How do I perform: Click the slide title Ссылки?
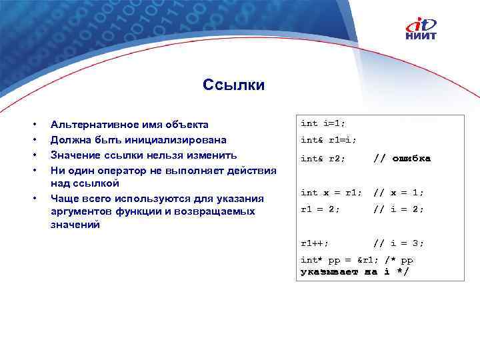(x=233, y=85)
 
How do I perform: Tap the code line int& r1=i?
(x=328, y=140)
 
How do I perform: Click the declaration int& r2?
(x=323, y=159)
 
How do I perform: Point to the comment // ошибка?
(x=401, y=159)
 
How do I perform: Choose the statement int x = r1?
(x=331, y=193)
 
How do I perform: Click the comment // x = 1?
(x=398, y=193)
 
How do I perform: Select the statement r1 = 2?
(x=320, y=209)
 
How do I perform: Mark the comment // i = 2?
(x=398, y=209)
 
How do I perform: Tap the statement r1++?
(x=314, y=243)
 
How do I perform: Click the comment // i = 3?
(x=398, y=243)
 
